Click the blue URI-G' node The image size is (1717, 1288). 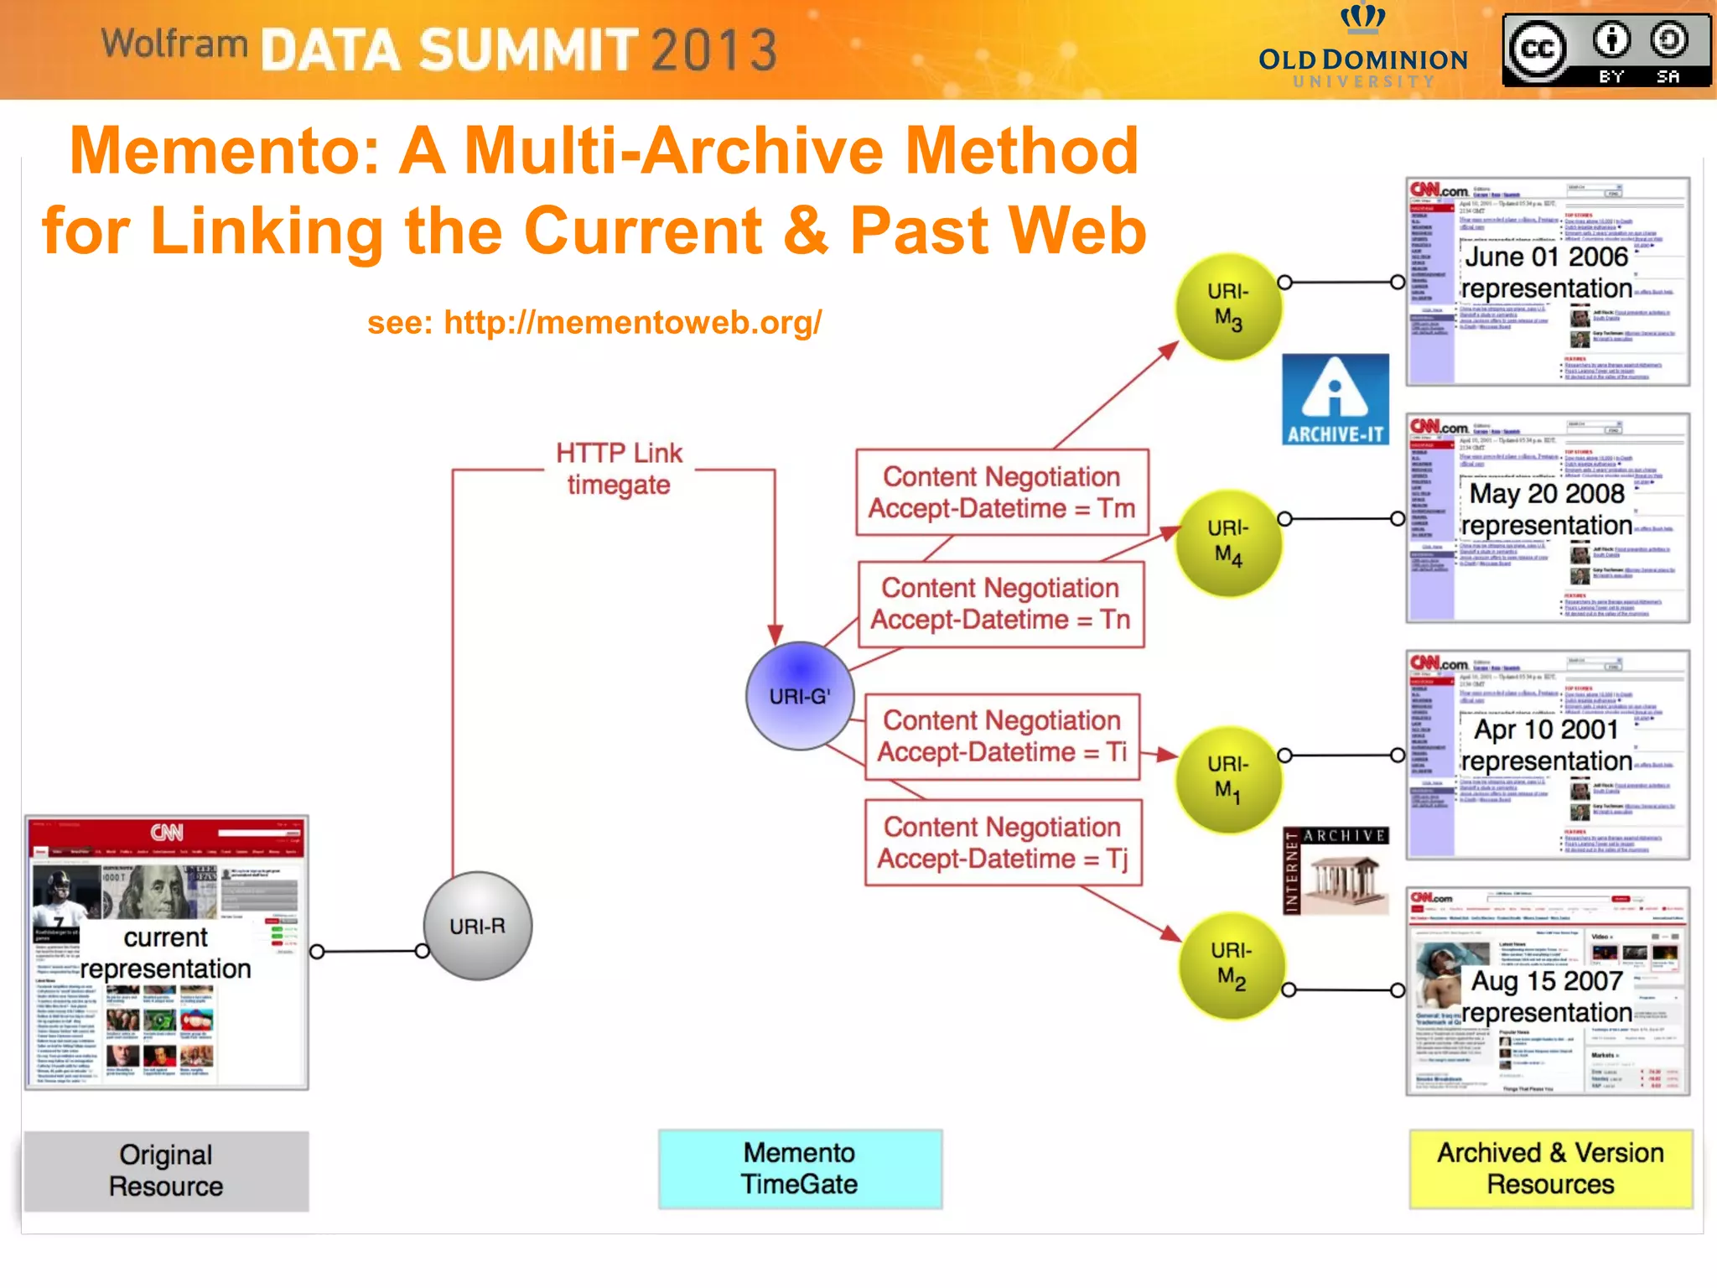[800, 695]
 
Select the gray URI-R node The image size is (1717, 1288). [477, 926]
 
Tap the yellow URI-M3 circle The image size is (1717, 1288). [1228, 306]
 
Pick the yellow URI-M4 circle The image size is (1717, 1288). [1228, 543]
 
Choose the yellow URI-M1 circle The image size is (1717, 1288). [1228, 779]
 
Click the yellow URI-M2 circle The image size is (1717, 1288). [1231, 966]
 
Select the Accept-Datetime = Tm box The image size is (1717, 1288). [1001, 492]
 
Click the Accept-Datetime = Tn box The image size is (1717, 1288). [1000, 604]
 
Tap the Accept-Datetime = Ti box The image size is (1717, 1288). [1002, 736]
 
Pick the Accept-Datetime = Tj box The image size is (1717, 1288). [1003, 843]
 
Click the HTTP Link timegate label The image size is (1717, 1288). [619, 469]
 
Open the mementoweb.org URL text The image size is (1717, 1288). [594, 322]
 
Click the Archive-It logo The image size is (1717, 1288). [1335, 399]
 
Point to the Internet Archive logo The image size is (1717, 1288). [1335, 870]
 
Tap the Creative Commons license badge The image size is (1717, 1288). [1605, 50]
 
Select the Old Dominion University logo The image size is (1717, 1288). [1362, 49]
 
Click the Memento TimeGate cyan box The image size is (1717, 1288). [800, 1168]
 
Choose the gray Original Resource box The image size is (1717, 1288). [166, 1171]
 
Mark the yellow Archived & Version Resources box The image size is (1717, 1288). [1550, 1168]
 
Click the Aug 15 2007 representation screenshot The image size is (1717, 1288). [1547, 991]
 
